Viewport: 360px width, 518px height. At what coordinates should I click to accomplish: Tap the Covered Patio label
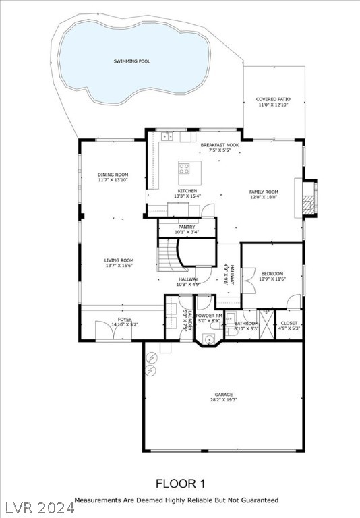[x=273, y=99]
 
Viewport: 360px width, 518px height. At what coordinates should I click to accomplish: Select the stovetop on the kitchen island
[x=185, y=169]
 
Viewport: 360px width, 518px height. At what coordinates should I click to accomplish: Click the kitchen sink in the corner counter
[x=167, y=137]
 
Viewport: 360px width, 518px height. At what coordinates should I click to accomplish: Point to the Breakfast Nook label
[x=220, y=145]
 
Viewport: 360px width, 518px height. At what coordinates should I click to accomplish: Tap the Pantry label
[x=187, y=227]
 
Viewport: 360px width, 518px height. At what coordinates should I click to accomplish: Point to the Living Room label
[x=119, y=260]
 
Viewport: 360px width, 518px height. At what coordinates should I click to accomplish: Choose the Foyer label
[x=125, y=319]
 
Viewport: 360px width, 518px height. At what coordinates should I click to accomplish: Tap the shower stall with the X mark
[x=268, y=324]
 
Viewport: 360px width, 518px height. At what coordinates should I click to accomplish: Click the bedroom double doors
[x=249, y=279]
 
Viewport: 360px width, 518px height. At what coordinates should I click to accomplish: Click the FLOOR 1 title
[x=180, y=483]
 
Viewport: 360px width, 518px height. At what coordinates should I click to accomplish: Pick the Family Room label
[x=264, y=192]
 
